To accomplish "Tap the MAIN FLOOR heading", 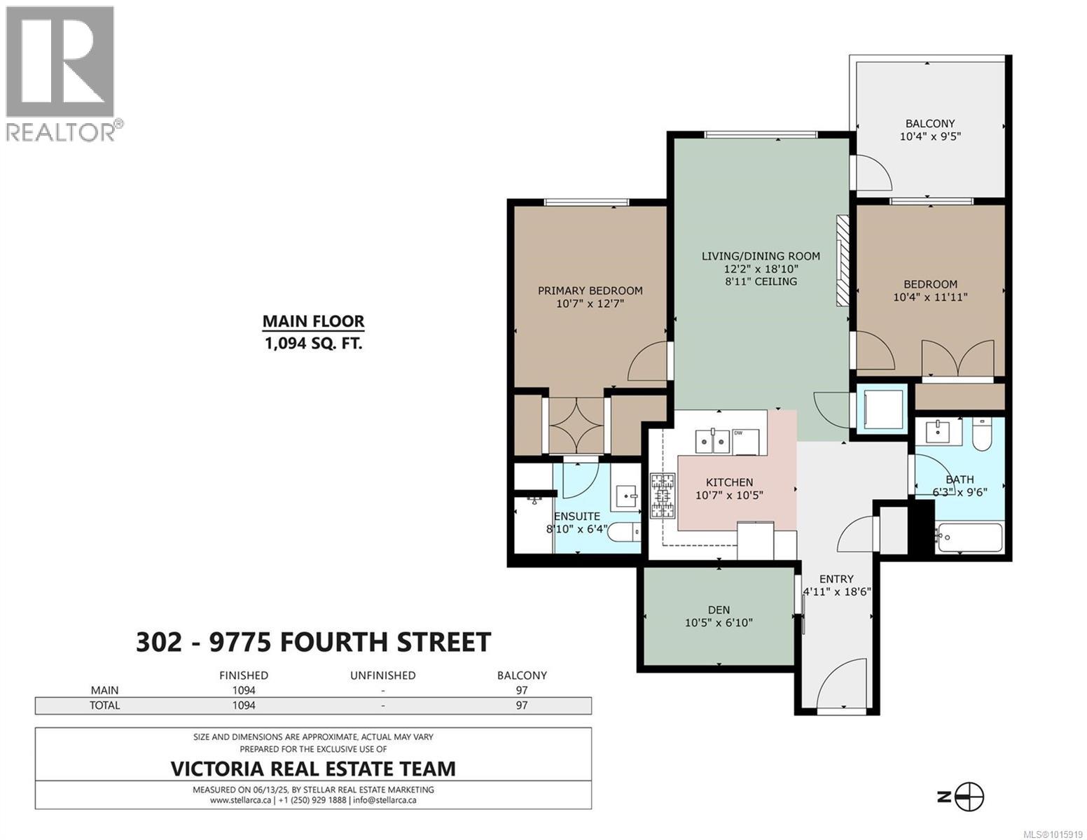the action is click(313, 321).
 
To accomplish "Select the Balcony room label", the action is click(930, 123).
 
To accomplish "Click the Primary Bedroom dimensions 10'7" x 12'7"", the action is click(590, 303).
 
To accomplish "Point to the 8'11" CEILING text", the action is click(761, 281).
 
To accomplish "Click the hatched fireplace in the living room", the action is click(843, 260).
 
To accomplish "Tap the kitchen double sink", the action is click(712, 441).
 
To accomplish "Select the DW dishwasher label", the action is click(738, 433).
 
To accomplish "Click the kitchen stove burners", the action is click(663, 495).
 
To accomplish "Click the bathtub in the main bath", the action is click(969, 537).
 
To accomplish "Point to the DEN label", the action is click(719, 610).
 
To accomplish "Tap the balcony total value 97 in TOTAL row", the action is click(522, 705).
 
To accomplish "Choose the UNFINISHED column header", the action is click(382, 675).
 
